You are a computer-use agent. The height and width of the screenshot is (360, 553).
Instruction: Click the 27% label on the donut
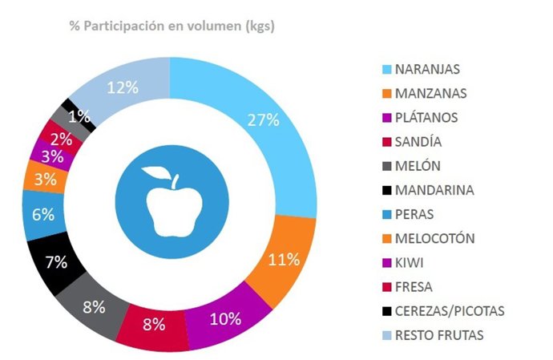coord(263,120)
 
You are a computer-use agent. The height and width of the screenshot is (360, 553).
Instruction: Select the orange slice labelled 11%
coord(281,259)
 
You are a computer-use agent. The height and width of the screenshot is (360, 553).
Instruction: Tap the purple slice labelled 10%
coord(224,318)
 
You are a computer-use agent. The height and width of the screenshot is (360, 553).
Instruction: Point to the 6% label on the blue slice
coord(43,214)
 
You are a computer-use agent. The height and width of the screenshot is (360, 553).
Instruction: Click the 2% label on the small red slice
coord(57,137)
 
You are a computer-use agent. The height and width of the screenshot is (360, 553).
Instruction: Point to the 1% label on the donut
coord(79,116)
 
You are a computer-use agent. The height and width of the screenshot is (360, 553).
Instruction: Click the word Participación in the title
coord(130,26)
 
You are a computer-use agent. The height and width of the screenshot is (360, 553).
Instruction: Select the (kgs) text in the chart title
coord(257,26)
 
